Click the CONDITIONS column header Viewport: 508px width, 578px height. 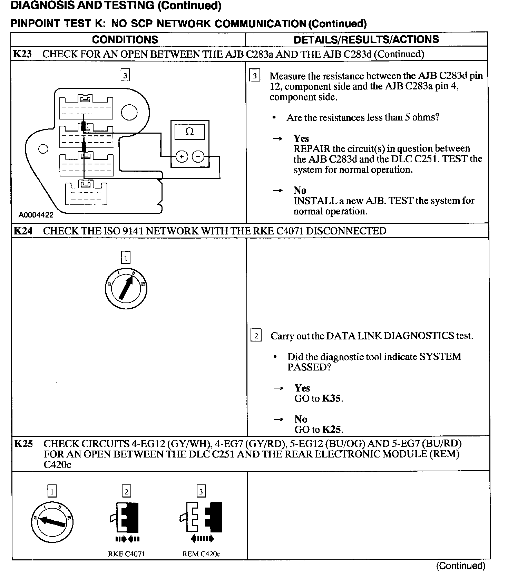(125, 40)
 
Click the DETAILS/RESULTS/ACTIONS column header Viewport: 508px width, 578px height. (366, 40)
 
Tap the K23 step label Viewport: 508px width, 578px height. (22, 54)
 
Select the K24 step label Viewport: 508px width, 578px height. (23, 231)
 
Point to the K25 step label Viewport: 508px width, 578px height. (23, 443)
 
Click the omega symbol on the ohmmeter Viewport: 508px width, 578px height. (189, 132)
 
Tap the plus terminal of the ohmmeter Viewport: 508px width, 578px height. (182, 157)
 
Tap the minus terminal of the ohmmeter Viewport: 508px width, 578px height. (198, 157)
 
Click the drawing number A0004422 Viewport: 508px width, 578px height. (36, 215)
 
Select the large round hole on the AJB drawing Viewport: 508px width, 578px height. (129, 113)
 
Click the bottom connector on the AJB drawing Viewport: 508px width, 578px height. (86, 193)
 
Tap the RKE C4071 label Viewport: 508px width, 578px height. (126, 554)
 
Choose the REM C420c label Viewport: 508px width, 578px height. (201, 554)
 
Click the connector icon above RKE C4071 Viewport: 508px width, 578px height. (126, 517)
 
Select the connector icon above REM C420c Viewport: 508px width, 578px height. (201, 517)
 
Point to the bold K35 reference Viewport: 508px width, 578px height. (332, 398)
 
